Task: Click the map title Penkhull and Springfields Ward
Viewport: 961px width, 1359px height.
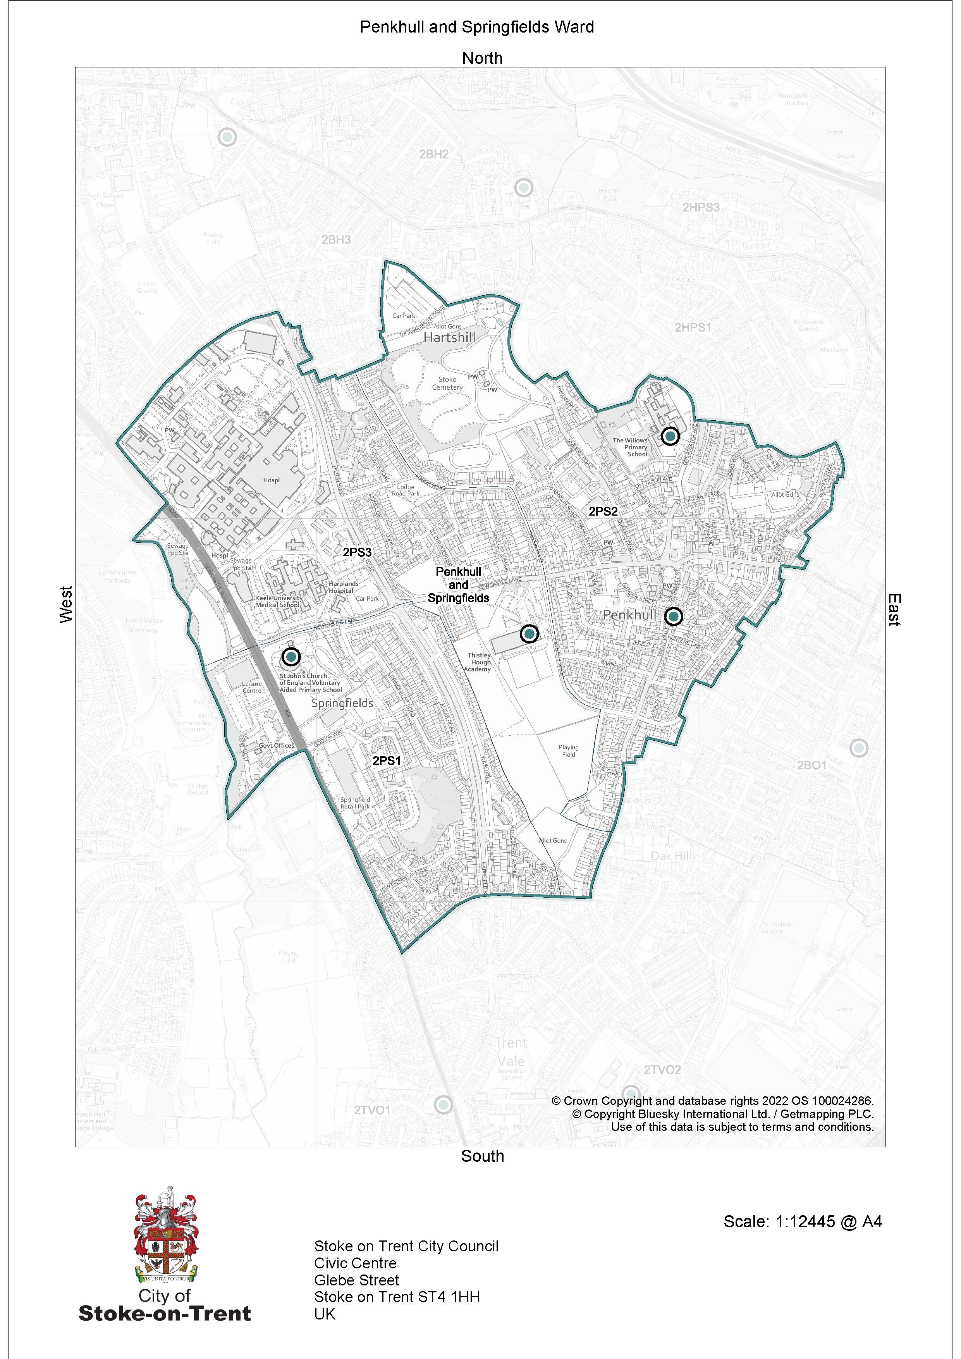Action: click(476, 27)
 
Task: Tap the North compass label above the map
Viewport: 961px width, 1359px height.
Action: click(482, 58)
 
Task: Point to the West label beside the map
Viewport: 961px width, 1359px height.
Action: click(66, 604)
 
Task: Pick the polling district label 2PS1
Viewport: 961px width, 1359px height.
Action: click(387, 760)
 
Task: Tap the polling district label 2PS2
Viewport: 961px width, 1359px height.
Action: click(603, 511)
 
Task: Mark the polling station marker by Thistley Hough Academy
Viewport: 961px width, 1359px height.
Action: click(529, 634)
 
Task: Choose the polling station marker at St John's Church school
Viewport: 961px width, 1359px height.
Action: click(291, 656)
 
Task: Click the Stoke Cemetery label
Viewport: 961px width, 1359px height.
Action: click(447, 384)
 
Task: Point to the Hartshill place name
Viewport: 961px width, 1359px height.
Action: click(449, 337)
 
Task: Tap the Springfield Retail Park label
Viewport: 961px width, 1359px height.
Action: click(355, 803)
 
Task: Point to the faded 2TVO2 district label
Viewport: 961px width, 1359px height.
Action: click(662, 1070)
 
